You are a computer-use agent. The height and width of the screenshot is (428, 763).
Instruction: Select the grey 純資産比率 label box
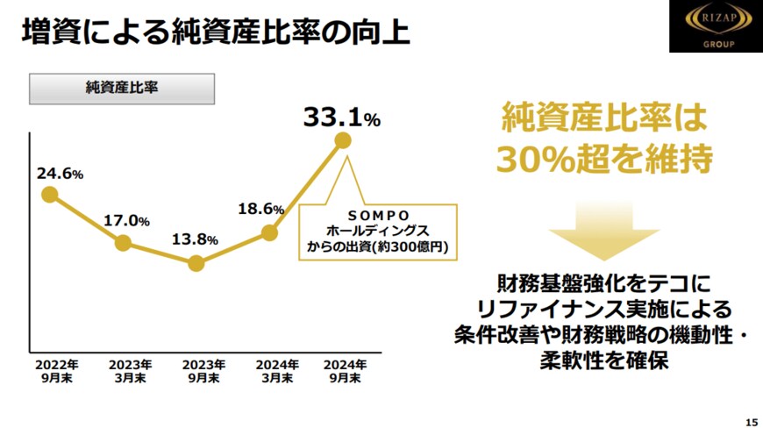(123, 88)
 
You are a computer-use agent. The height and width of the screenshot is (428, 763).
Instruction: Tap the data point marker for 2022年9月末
(49, 195)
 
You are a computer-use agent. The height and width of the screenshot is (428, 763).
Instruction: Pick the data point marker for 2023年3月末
(123, 243)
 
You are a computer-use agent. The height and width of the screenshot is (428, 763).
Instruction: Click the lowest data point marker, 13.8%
(196, 263)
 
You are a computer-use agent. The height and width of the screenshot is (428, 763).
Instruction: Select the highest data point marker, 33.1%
(343, 140)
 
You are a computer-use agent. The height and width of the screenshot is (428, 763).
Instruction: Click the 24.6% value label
(60, 174)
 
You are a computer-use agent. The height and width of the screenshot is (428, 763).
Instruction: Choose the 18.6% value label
(261, 210)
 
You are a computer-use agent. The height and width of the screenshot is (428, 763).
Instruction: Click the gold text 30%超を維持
(603, 159)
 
